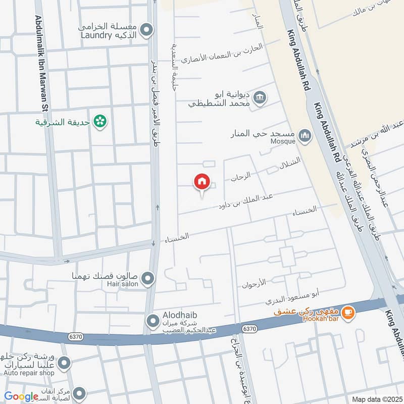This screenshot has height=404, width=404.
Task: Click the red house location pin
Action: (x=202, y=182)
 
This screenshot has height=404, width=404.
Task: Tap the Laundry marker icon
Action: (x=146, y=30)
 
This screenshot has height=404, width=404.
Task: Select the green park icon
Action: (x=100, y=121)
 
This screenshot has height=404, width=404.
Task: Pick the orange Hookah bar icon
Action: (x=347, y=313)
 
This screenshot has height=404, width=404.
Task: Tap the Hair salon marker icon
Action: (x=147, y=277)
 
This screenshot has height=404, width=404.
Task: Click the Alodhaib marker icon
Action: (x=152, y=321)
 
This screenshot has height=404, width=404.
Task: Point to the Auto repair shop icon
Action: (x=64, y=362)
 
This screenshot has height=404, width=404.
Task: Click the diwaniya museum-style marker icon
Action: (x=260, y=97)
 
